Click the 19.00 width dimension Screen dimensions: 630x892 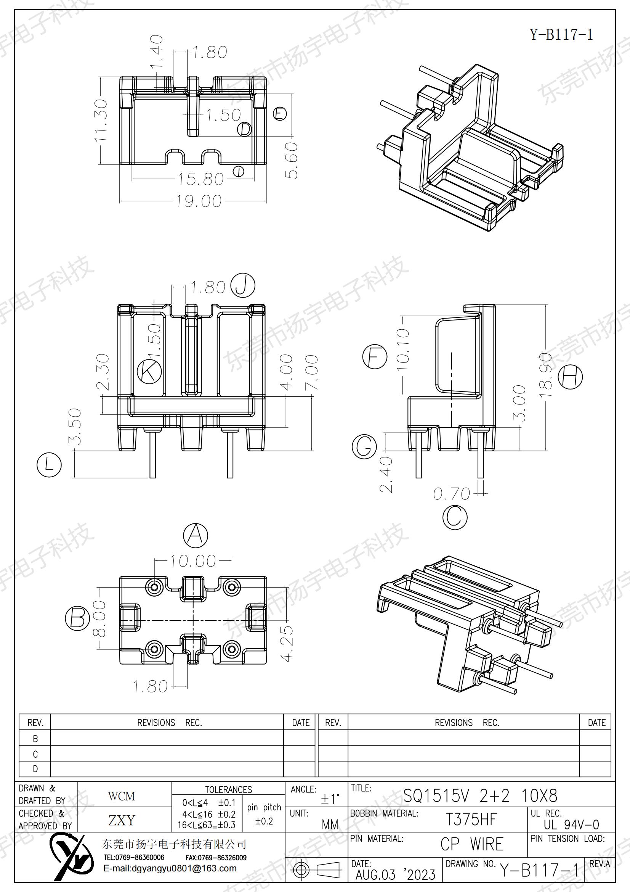pyautogui.click(x=198, y=201)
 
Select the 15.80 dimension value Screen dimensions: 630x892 pyautogui.click(x=200, y=179)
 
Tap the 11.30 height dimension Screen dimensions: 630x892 pyautogui.click(x=101, y=121)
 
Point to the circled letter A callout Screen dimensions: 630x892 pyautogui.click(x=195, y=535)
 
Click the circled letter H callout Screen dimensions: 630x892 pyautogui.click(x=570, y=377)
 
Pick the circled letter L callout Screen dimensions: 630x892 pyautogui.click(x=49, y=465)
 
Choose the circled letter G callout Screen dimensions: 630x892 pyautogui.click(x=364, y=446)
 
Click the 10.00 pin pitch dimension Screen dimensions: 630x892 pyautogui.click(x=193, y=561)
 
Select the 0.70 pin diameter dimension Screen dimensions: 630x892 pyautogui.click(x=451, y=494)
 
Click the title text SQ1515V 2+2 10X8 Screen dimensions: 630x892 pyautogui.click(x=480, y=796)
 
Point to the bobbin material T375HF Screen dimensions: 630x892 pyautogui.click(x=471, y=820)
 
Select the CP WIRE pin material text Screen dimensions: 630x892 pyautogui.click(x=471, y=844)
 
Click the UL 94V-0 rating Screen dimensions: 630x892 pyautogui.click(x=571, y=824)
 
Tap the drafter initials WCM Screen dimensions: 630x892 pyautogui.click(x=122, y=797)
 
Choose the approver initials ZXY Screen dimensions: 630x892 pyautogui.click(x=122, y=821)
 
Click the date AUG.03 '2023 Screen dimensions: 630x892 pyautogui.click(x=396, y=875)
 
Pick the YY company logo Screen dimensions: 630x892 pyautogui.click(x=72, y=859)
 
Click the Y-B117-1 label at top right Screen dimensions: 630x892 pyautogui.click(x=561, y=35)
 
